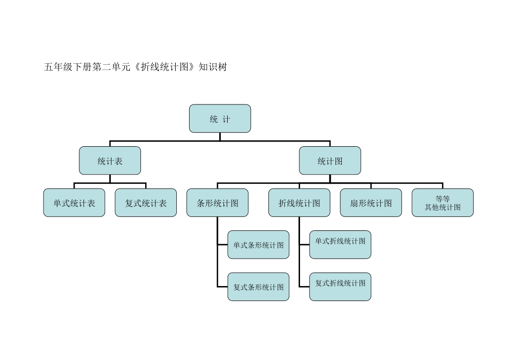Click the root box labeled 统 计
tap(220, 118)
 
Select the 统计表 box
tap(110, 161)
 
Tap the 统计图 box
tap(330, 161)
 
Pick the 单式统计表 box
tap(74, 202)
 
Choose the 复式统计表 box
tap(146, 202)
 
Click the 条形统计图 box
tap(218, 202)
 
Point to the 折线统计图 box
tap(299, 202)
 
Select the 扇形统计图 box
tap(371, 202)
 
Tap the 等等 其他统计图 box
tap(443, 202)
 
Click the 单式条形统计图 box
tap(258, 245)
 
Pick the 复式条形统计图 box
tap(258, 287)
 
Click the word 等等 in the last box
tap(443, 199)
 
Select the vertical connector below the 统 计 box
tap(220, 137)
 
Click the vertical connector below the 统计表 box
tap(110, 178)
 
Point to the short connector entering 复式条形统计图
tap(222, 287)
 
